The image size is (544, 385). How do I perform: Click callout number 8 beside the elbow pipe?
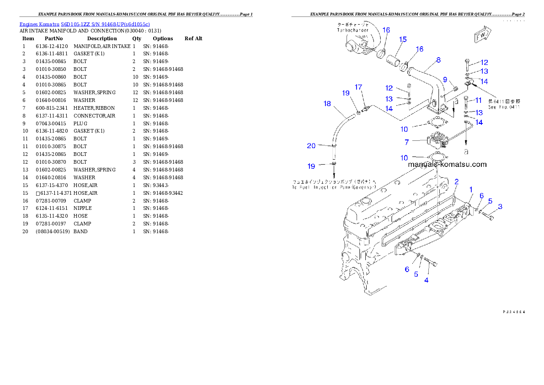tap(438, 60)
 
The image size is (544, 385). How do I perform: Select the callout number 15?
tap(402, 40)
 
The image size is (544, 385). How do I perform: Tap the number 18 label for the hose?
tap(327, 104)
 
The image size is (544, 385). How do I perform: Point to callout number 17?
tap(358, 87)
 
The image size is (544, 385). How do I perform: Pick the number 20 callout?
tap(311, 146)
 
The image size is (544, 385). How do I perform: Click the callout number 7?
tap(406, 142)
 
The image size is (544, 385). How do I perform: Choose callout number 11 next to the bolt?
tap(478, 100)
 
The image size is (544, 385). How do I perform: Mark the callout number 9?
tap(445, 80)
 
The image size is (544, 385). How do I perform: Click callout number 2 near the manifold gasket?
tap(456, 182)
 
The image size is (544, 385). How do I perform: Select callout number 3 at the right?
tap(500, 207)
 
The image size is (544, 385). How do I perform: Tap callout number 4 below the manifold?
tap(427, 280)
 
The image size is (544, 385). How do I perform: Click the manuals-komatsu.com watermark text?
tap(447, 165)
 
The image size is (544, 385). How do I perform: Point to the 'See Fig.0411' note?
tap(504, 107)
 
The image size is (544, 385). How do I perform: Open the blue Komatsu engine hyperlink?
tap(85, 24)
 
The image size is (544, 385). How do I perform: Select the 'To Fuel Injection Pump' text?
tap(334, 187)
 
